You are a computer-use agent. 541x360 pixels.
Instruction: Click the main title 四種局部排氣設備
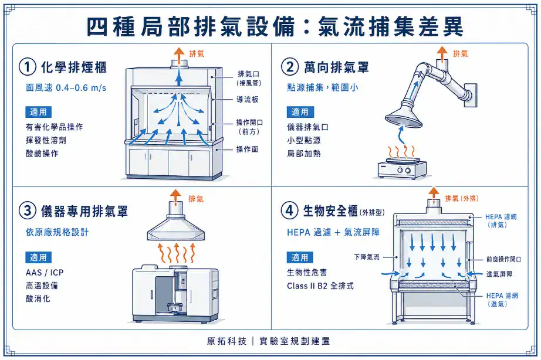194,26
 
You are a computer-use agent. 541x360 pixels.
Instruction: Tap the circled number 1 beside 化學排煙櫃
26,67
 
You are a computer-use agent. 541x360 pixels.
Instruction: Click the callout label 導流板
248,100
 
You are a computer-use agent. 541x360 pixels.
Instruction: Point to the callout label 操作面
247,150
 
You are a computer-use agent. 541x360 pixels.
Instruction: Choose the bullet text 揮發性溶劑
46,140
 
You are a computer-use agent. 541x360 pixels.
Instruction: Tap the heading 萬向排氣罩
336,67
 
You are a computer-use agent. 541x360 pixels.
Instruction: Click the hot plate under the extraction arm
402,169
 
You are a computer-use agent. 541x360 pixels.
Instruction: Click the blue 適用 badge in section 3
38,257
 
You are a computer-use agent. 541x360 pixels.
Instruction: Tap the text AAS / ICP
45,273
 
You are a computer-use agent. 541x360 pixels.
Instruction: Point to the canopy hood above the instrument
175,229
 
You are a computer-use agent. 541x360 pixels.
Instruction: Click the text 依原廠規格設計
58,232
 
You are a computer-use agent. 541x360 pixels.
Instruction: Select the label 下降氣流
367,257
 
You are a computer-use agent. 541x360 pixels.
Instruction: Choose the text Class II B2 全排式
320,286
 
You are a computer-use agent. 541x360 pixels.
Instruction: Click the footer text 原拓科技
226,341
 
